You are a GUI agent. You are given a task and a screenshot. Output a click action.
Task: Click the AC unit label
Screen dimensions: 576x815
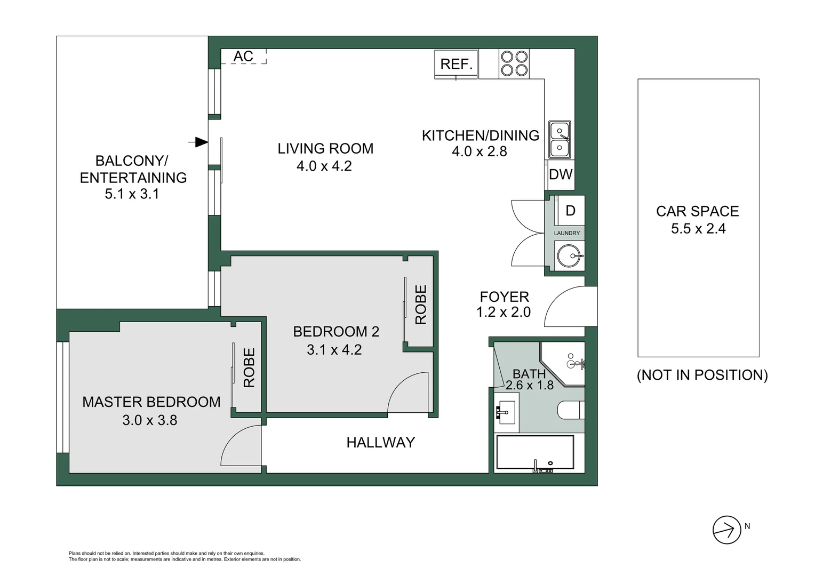coord(243,56)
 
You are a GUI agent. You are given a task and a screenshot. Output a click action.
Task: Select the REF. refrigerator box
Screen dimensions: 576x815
coord(457,65)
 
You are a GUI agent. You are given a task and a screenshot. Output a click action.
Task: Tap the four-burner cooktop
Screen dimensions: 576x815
coord(514,63)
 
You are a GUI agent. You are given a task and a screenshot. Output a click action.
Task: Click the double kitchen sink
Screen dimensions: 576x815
coord(560,139)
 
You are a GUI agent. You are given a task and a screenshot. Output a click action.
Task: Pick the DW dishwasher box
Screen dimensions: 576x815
coord(560,174)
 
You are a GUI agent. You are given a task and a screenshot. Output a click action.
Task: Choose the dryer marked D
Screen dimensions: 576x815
coord(570,211)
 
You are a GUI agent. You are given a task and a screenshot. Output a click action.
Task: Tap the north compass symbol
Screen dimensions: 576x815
coord(726,530)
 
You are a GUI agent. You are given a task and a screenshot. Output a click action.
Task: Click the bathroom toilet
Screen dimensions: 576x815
coord(571,411)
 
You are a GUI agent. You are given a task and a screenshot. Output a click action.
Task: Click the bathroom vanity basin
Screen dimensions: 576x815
coord(504,412)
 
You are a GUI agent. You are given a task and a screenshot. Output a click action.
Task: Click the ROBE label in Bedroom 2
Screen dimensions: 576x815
coord(421,305)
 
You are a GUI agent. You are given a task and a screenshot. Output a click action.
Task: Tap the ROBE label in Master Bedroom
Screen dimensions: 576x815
coord(249,367)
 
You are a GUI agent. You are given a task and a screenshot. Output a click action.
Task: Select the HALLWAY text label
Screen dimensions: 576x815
coord(380,442)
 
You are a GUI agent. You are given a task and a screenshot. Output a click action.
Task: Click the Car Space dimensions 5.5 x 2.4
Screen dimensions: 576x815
coord(698,229)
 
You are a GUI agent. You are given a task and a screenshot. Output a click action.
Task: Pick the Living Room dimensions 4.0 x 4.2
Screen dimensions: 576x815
coord(324,166)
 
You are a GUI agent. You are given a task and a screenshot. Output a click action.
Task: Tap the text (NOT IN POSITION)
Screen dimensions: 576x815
coord(702,375)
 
